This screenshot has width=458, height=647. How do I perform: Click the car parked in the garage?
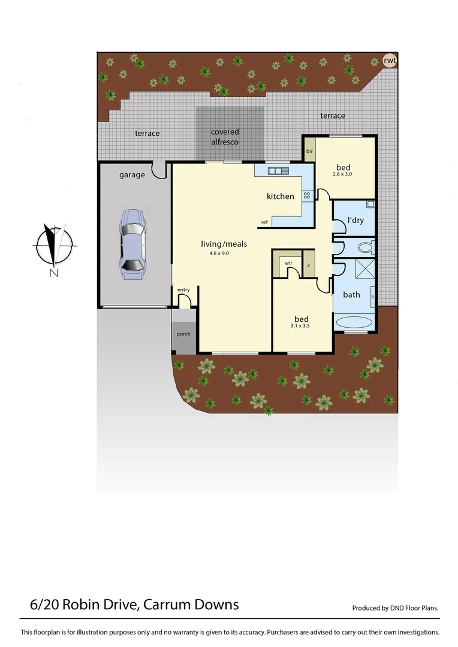pos(132,244)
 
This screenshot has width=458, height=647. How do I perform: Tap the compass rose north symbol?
pos(55,245)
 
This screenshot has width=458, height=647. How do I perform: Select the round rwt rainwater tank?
pos(390,60)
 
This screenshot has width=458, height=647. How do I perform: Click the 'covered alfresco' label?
pos(225,137)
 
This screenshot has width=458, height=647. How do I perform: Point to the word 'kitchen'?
pos(281,196)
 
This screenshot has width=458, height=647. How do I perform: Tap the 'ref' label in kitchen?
pos(264,222)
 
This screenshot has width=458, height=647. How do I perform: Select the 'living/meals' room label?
pos(224,244)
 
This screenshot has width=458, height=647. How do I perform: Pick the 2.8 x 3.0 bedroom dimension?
pos(343,174)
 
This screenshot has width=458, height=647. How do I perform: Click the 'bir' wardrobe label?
pos(310,152)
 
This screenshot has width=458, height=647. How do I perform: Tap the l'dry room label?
pos(356,220)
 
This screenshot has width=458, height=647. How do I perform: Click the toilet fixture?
pos(364,246)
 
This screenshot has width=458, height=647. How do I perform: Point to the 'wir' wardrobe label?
pos(288,262)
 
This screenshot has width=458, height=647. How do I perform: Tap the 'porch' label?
pos(183,334)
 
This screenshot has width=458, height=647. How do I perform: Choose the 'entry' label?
pos(183,290)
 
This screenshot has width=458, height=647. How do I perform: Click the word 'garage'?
pos(132,175)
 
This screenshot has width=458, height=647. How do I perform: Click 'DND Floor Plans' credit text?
pos(395,608)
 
